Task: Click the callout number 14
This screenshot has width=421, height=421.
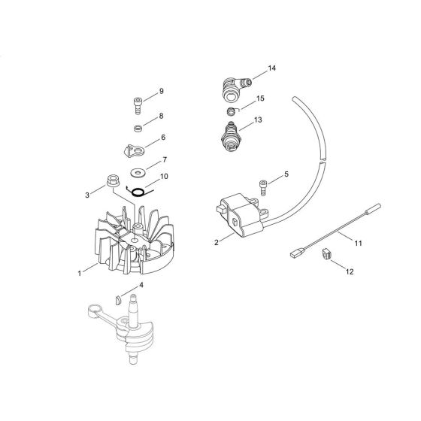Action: tap(272, 68)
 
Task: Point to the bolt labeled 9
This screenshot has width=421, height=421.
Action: tap(137, 100)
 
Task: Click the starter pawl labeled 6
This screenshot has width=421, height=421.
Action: tap(138, 146)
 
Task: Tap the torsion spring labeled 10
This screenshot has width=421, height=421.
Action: tap(139, 190)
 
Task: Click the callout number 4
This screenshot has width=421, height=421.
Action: tap(141, 284)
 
